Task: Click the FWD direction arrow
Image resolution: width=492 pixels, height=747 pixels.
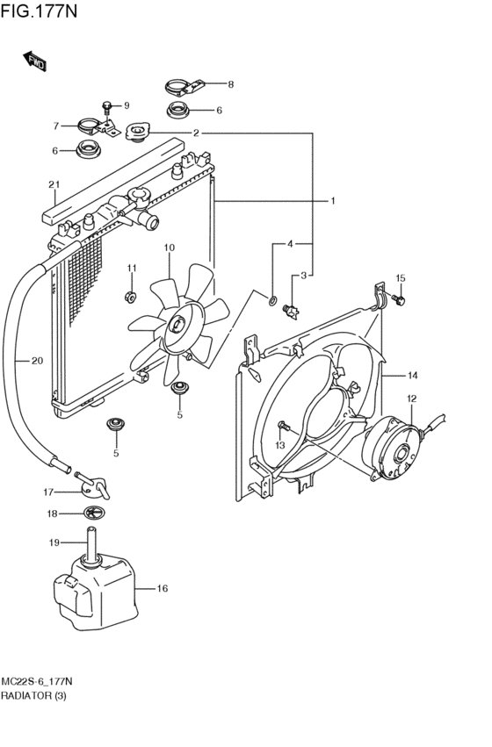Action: tap(34, 61)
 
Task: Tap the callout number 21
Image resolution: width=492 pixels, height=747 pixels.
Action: tap(54, 184)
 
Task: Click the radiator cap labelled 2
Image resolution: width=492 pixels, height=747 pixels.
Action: tap(138, 132)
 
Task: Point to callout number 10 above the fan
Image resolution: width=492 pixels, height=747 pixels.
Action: tap(170, 248)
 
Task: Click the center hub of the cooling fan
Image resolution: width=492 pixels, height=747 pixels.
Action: tap(177, 326)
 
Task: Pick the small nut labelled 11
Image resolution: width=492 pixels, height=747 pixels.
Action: tap(131, 297)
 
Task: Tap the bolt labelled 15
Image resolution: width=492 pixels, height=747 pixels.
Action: tap(398, 299)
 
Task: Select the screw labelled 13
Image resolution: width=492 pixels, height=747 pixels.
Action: tap(284, 426)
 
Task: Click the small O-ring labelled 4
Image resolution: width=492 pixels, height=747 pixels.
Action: tap(272, 300)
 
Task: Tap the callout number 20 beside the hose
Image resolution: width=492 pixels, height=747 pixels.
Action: tap(37, 361)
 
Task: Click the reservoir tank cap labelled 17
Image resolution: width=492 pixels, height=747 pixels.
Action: tap(93, 485)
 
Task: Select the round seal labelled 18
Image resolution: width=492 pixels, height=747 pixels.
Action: tap(94, 514)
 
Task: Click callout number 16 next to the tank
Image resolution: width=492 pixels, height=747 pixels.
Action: tap(162, 588)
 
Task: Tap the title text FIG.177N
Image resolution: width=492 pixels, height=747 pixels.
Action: tap(39, 10)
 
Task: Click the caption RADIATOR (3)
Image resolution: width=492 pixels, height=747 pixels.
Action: tap(33, 695)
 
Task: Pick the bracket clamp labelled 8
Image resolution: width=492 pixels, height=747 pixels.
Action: tap(184, 88)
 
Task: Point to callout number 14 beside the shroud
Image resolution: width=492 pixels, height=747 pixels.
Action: tap(412, 376)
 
